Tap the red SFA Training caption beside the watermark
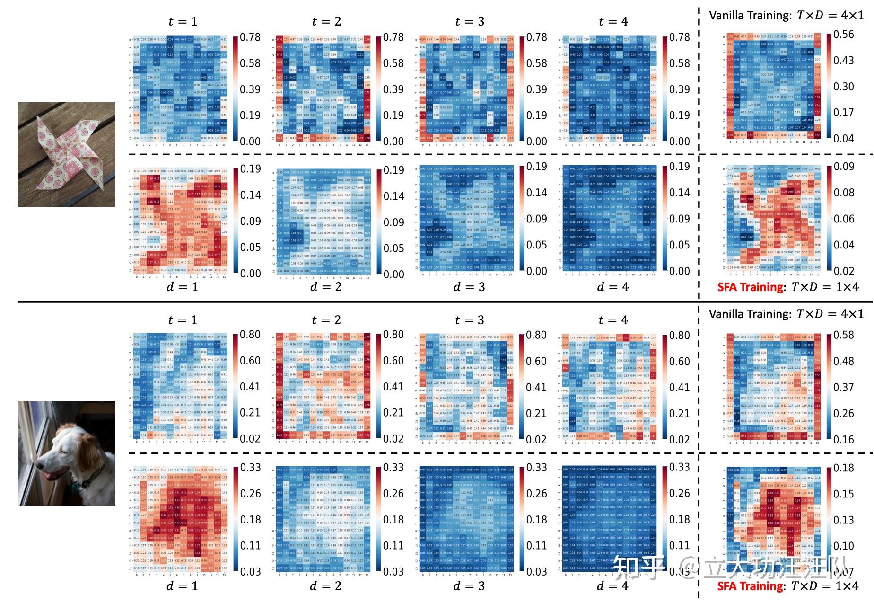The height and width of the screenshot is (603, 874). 750,586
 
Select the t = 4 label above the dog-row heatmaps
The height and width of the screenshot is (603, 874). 613,320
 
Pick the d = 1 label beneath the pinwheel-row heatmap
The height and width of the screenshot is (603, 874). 183,287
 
